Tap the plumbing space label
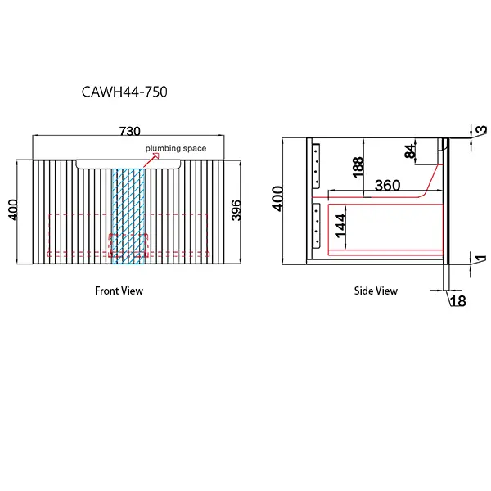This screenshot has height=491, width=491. (x=175, y=148)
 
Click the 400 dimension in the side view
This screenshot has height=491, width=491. (x=279, y=199)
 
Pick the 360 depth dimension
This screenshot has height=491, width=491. (x=387, y=186)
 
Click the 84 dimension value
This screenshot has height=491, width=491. (x=408, y=151)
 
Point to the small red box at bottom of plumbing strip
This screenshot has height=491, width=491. (x=128, y=243)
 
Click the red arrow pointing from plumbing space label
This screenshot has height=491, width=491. (x=144, y=160)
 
